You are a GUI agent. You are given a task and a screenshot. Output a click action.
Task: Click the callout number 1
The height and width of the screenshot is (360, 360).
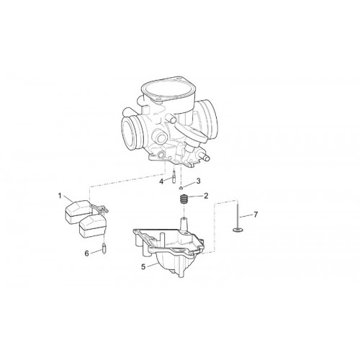[60, 196]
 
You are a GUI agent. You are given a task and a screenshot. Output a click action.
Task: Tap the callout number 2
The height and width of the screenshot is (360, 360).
[206, 196]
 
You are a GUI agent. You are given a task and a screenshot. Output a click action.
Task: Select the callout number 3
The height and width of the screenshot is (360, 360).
[198, 181]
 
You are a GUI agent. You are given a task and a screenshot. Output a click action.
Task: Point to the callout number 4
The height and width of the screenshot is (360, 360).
[161, 181]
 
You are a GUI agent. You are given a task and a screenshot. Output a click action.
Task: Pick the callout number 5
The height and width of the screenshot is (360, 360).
[143, 266]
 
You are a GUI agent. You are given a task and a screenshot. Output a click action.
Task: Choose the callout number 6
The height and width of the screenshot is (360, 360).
[86, 253]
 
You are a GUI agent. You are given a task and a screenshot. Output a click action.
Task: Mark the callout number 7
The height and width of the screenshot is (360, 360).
[256, 215]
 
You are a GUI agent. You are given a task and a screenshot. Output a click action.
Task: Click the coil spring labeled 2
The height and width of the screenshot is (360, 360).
[184, 199]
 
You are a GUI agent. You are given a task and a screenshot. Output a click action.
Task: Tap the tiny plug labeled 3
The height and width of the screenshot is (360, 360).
[181, 187]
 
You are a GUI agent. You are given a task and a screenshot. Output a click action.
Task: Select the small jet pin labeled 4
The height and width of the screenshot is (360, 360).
[173, 176]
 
